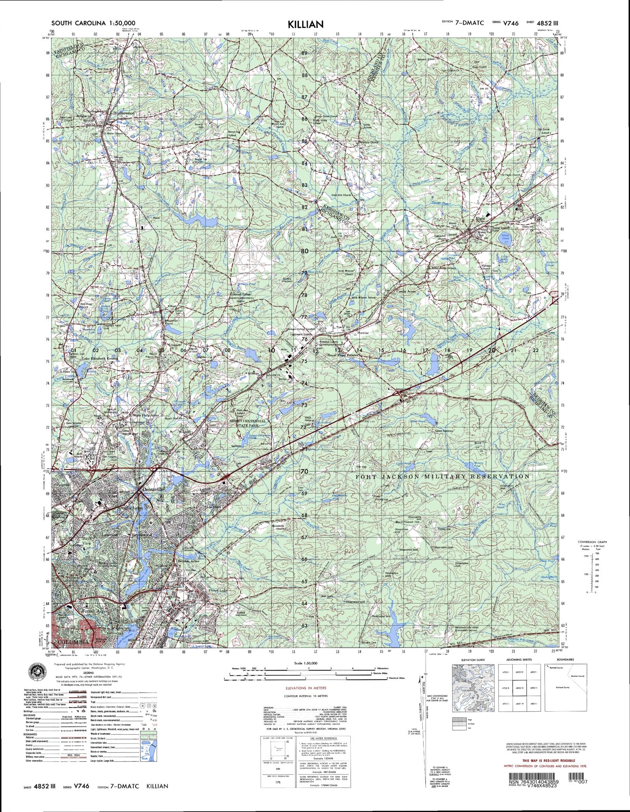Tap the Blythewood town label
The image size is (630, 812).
pyautogui.click(x=124, y=113)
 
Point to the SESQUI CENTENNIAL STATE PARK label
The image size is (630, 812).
pyautogui.click(x=248, y=424)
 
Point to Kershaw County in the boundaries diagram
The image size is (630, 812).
pyautogui.click(x=573, y=676)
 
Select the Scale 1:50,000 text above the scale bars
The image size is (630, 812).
pyautogui.click(x=306, y=663)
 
